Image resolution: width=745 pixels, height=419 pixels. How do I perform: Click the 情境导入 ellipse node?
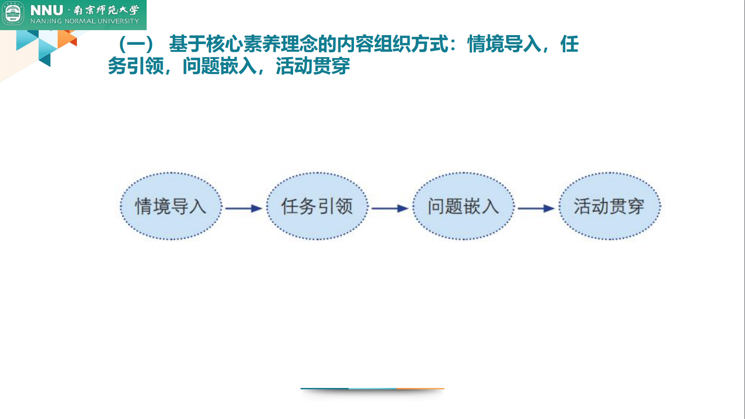(171, 206)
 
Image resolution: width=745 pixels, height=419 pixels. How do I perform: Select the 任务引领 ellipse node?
(317, 206)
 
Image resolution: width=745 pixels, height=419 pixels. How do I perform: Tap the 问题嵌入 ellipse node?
(463, 206)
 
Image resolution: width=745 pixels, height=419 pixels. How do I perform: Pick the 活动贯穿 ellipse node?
(610, 206)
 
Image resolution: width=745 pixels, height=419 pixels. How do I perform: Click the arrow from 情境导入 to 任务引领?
(243, 208)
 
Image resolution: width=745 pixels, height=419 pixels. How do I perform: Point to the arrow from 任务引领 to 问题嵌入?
(390, 208)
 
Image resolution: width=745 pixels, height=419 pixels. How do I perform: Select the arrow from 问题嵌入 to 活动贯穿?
(536, 208)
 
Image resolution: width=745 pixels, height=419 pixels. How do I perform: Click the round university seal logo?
(13, 14)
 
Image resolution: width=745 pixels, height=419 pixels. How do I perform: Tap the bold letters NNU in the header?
(47, 10)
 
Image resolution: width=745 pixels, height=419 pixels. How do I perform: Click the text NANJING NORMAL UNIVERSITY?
(85, 21)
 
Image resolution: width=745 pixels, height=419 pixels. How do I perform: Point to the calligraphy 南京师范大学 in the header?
(107, 10)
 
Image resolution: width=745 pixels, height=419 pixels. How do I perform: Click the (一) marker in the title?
(136, 45)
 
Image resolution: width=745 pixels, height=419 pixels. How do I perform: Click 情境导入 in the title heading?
(504, 45)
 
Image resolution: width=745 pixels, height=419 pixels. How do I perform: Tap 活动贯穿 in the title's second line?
(313, 66)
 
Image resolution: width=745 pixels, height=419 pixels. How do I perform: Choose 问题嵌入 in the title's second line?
(220, 66)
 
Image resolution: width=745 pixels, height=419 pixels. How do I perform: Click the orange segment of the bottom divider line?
(420, 388)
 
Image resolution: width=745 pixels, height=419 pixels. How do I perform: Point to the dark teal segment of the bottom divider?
(324, 388)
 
